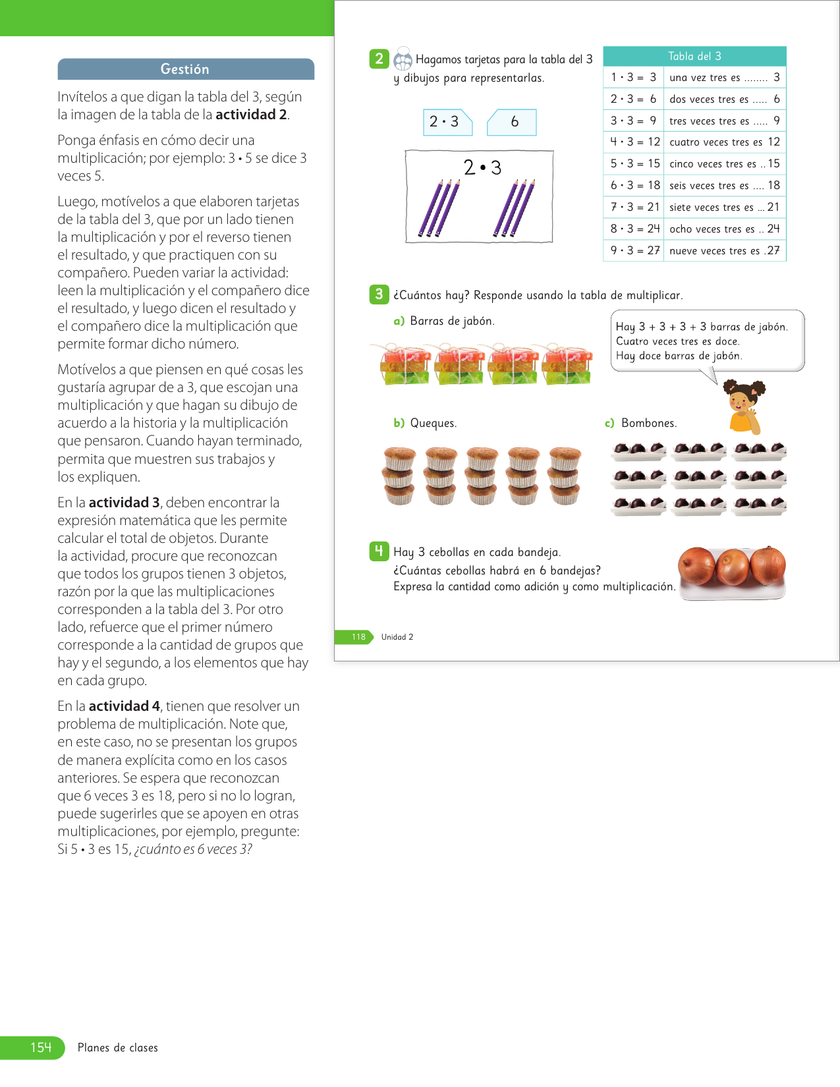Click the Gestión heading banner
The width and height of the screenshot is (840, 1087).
tap(185, 69)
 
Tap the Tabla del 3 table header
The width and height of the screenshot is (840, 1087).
tap(694, 57)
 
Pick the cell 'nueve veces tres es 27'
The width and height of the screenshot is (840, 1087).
tap(724, 250)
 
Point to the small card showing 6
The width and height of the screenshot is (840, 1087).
tap(513, 122)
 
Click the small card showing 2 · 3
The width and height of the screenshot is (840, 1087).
tap(447, 122)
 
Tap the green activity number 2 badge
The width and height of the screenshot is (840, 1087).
tap(379, 59)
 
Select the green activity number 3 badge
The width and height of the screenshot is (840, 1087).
tap(379, 294)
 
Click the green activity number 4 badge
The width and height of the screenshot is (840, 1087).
tap(379, 551)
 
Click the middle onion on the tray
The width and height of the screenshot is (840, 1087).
tap(733, 567)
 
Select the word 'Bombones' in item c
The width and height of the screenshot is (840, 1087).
tap(648, 423)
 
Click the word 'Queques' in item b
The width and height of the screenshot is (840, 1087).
tap(433, 423)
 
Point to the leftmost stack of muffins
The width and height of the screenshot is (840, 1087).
tap(399, 476)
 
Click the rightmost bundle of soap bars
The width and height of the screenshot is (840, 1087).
tap(567, 364)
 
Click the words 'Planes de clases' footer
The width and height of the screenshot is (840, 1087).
tap(118, 1047)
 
